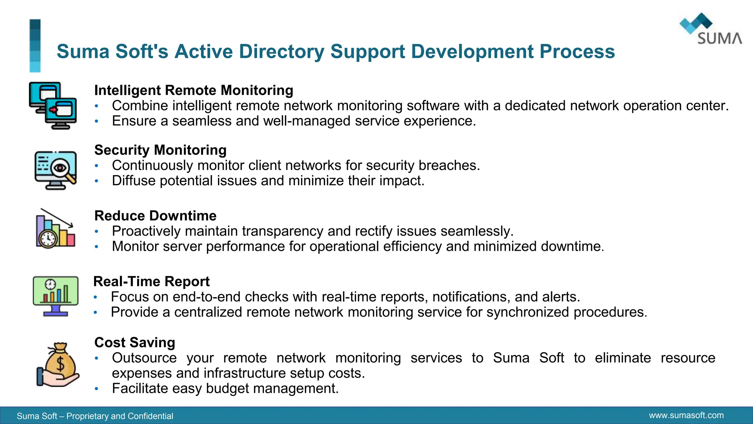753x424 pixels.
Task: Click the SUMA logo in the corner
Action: pos(710,29)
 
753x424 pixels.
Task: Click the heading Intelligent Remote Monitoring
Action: pos(194,90)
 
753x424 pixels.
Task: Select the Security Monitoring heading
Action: pos(160,150)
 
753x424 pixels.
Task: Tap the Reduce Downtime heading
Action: pos(155,216)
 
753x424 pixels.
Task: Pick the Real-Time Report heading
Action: pos(151,282)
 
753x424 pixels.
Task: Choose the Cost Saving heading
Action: pos(135,343)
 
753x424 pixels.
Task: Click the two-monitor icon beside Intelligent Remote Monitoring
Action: pos(53,105)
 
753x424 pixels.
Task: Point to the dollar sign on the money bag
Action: pos(61,364)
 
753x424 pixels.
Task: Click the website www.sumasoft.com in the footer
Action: pos(686,416)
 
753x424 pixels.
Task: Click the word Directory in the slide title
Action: pos(282,52)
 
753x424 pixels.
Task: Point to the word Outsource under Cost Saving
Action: pos(144,358)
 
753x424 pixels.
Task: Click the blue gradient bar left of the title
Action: pos(35,46)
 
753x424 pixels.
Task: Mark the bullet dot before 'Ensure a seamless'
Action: pos(96,121)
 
